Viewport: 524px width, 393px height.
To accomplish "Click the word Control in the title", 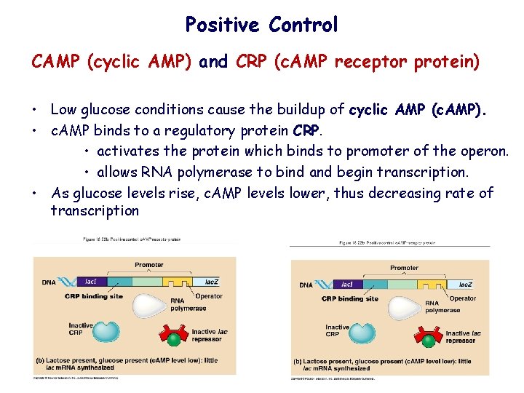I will pyautogui.click(x=303, y=25).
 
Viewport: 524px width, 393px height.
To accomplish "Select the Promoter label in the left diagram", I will pyautogui.click(x=149, y=265).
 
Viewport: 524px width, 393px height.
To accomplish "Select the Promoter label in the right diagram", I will pyautogui.click(x=405, y=268).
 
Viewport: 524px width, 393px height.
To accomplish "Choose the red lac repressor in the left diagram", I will pyautogui.click(x=174, y=336).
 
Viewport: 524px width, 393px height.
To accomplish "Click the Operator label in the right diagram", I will pyautogui.click(x=463, y=299).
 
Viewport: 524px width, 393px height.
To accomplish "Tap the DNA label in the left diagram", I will pyautogui.click(x=48, y=282).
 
